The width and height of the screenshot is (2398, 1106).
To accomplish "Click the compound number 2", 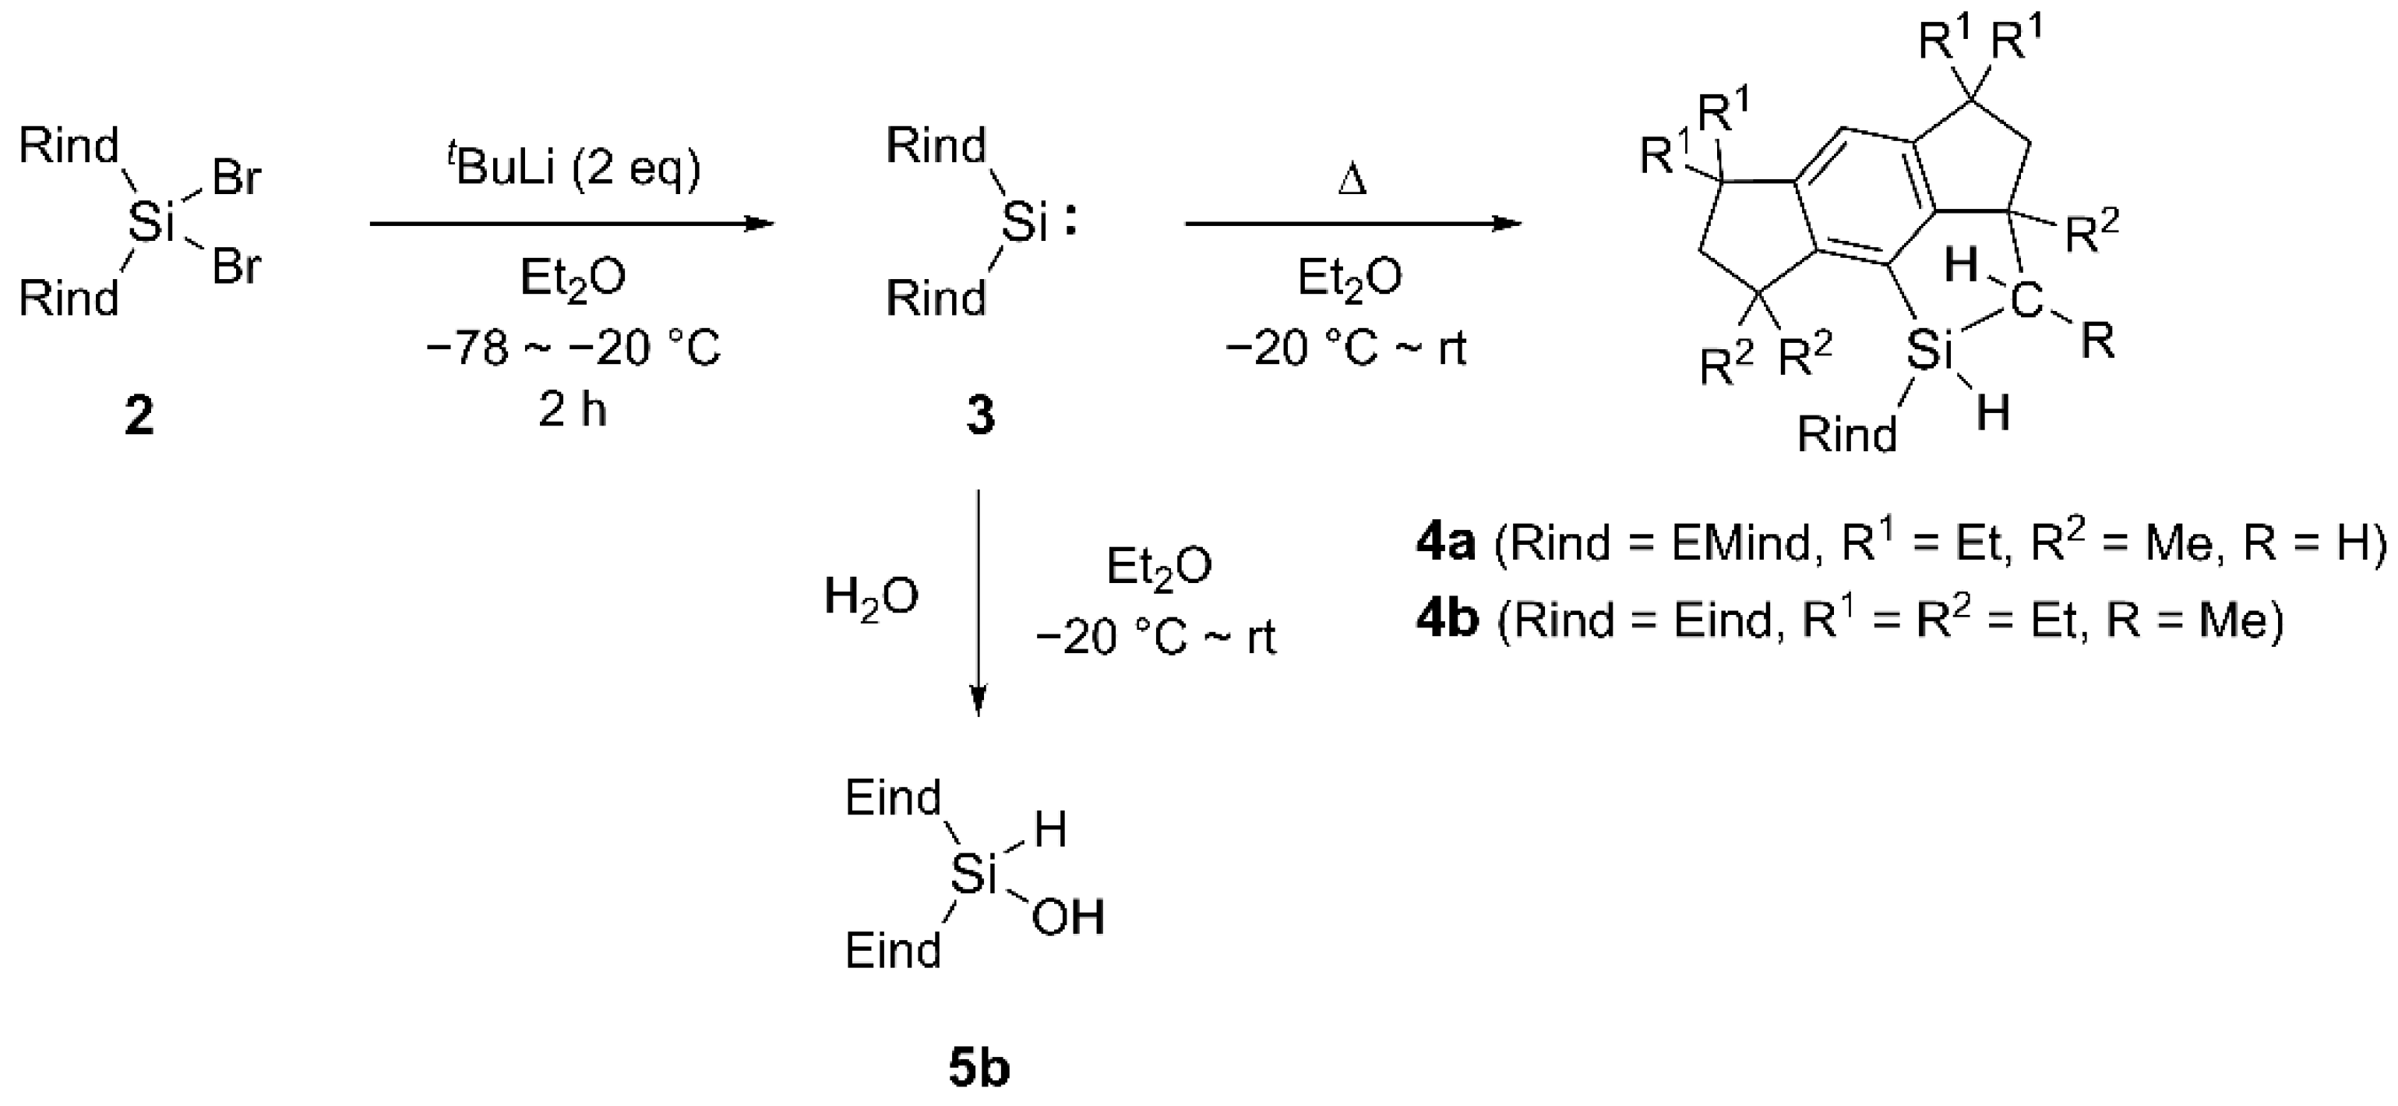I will pos(139,416).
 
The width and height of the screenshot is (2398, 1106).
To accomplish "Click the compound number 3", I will pos(979,416).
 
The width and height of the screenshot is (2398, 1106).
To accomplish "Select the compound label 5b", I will pos(979,1069).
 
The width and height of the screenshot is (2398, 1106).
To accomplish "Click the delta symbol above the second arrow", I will pos(1351,180).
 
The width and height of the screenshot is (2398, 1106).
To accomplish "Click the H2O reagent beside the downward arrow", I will pos(871,597).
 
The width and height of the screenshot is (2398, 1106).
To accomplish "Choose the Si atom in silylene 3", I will pos(1024,224).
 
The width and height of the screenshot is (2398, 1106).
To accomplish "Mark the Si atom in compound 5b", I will pos(974,875).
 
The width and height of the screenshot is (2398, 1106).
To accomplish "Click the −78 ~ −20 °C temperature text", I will pos(573,349).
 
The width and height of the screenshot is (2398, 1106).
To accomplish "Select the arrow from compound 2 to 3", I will pos(572,224).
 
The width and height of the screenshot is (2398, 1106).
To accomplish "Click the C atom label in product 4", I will pos(2026,301).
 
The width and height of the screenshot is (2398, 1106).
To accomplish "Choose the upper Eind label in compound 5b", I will pos(893,799).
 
